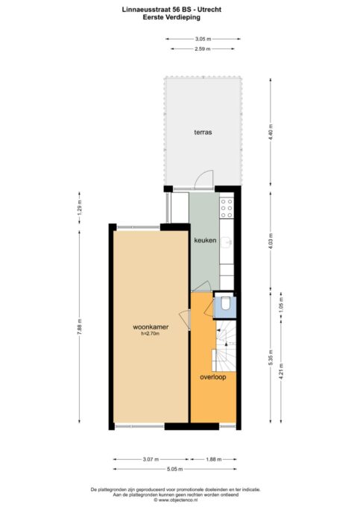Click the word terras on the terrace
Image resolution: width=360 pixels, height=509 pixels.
coord(203,132)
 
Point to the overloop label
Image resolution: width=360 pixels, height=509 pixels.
coord(213,377)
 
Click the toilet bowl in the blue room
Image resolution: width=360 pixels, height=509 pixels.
coord(225,304)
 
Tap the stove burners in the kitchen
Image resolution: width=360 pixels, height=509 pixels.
coord(227,207)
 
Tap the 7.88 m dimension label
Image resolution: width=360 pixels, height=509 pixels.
coord(80,326)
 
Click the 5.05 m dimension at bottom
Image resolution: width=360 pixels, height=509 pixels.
coord(175,470)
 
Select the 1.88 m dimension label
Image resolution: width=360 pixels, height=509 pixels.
coord(213,459)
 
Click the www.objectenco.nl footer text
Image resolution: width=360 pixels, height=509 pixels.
coord(180,500)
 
